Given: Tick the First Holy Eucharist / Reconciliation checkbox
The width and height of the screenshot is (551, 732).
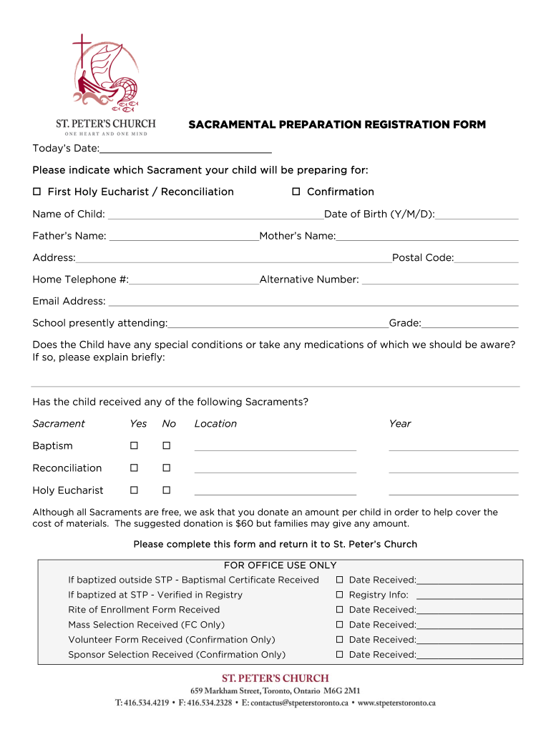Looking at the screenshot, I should coord(37,192).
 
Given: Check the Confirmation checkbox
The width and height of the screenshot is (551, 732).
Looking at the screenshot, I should coord(296,192).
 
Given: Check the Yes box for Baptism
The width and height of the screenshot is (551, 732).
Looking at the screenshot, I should coord(134,446).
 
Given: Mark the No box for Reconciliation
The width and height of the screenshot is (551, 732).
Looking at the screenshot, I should coord(166,468).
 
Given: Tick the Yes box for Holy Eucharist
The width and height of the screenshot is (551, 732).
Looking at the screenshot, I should coord(134,490).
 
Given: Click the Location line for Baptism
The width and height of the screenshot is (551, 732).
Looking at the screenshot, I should coord(275,448).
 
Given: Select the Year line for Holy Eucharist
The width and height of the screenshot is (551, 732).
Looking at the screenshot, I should coord(453,493).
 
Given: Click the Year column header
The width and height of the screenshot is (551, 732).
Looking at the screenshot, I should coord(400,424).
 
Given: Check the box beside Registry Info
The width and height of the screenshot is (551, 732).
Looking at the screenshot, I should coord(341,595).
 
